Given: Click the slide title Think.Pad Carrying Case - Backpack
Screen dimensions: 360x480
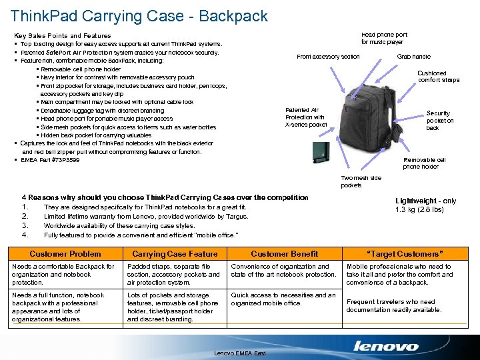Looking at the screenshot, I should tap(139, 16).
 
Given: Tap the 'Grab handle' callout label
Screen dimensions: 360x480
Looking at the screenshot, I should tap(413, 57).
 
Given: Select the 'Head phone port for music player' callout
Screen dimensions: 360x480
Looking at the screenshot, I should tap(384, 39).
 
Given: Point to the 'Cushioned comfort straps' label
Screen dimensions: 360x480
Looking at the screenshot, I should tap(439, 77).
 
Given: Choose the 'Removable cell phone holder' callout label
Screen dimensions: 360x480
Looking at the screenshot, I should tap(424, 163).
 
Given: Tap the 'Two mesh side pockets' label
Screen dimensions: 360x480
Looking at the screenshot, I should tap(361, 182).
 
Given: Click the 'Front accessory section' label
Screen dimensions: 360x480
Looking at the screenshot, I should tap(328, 57).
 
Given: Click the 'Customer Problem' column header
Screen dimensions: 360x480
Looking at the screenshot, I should tap(65, 254).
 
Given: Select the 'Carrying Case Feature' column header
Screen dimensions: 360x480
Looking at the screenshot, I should tap(175, 254).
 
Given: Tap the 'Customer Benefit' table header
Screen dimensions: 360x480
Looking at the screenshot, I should tap(284, 254).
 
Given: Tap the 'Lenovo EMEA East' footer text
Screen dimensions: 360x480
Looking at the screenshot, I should tap(240, 353).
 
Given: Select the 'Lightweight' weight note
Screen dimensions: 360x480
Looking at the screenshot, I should tap(425, 205).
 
